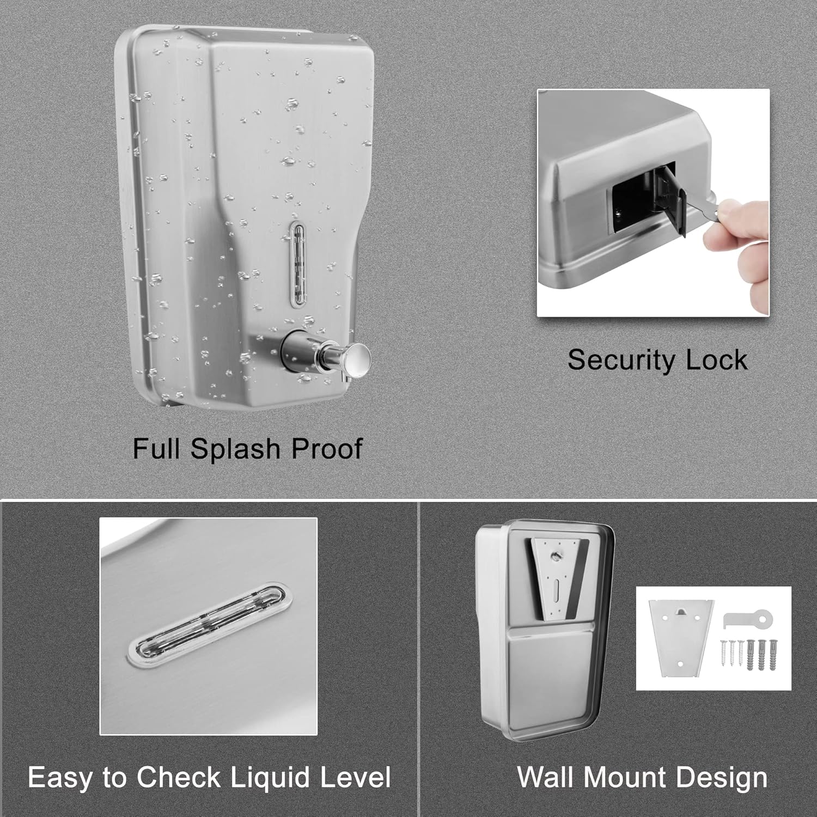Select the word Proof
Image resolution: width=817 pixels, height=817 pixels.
point(327,449)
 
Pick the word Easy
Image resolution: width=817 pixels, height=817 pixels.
point(60,777)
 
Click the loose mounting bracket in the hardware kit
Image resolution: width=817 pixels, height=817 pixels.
point(680,637)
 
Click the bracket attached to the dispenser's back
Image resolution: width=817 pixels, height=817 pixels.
point(556,577)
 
